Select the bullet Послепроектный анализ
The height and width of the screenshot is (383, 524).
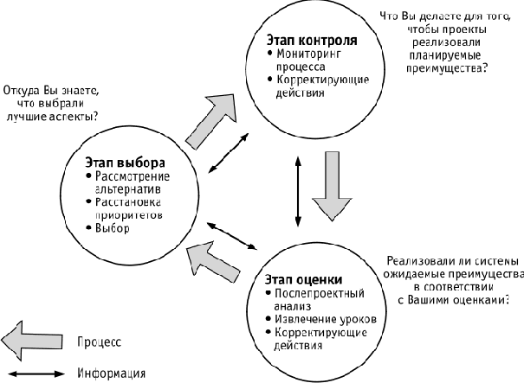[307, 299]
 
